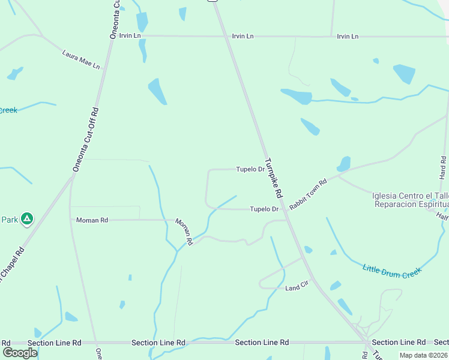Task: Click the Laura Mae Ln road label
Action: pos(80,59)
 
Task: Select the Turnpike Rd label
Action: pos(274,178)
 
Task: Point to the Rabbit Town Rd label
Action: pos(307,194)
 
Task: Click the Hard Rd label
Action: pos(444,168)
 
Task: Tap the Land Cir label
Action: pos(297,288)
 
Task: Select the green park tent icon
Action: pos(26,219)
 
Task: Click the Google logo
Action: pos(19,352)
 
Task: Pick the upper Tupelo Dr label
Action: pos(250,169)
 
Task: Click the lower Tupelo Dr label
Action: pos(264,209)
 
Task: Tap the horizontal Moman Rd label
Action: pos(92,220)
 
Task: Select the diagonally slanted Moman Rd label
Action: pos(184,231)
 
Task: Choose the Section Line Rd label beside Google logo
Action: pos(54,343)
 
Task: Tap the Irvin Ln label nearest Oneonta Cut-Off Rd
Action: pos(130,35)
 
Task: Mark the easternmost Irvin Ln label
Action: pos(348,37)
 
